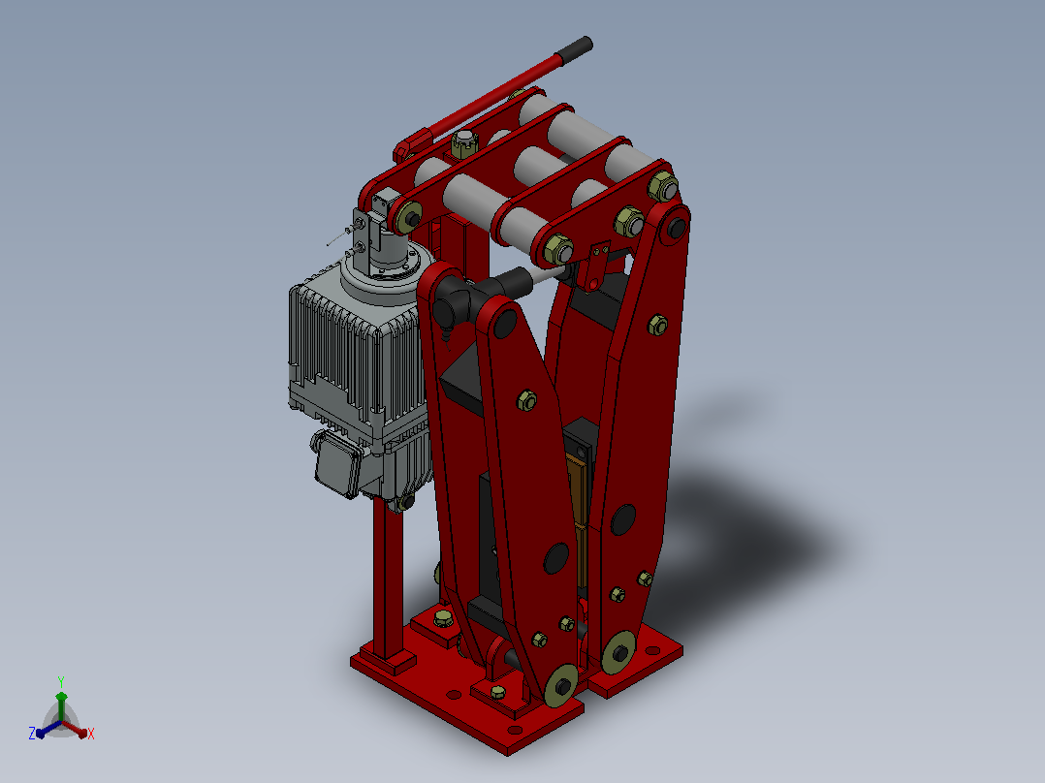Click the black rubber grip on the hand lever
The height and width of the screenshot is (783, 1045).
click(575, 49)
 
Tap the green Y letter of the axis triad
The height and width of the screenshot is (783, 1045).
click(61, 681)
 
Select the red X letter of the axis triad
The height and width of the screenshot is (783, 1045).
click(91, 734)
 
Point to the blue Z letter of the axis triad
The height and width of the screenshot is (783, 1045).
click(32, 733)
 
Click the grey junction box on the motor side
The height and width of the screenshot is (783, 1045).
click(338, 463)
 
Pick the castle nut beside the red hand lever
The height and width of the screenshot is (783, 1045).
click(463, 143)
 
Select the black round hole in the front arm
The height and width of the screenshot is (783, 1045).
click(555, 558)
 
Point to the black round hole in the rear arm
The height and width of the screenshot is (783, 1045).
click(622, 519)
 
